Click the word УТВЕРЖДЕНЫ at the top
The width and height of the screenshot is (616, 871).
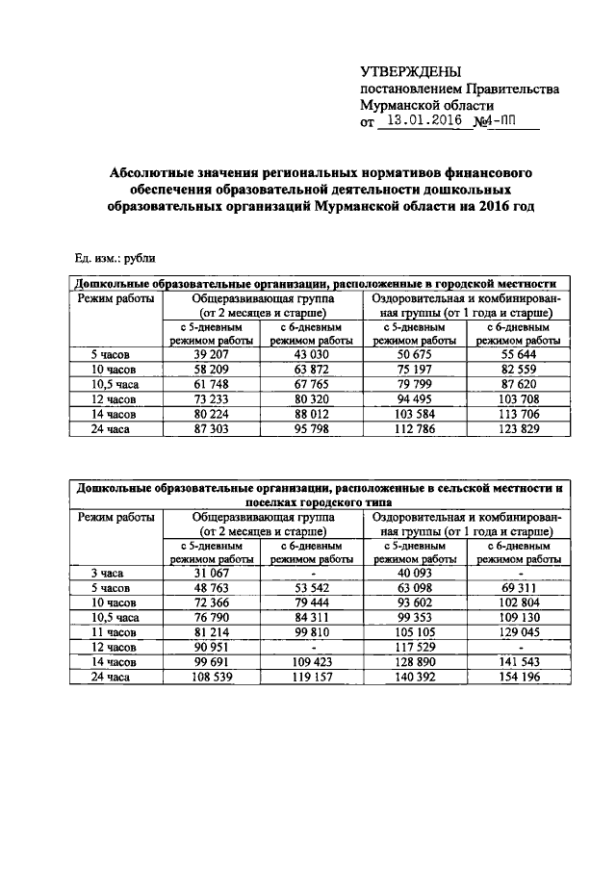tap(410, 72)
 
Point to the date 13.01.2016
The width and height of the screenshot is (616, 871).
tap(421, 121)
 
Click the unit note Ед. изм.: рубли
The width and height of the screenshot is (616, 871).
tap(115, 258)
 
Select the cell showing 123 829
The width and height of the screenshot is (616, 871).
tap(519, 429)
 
